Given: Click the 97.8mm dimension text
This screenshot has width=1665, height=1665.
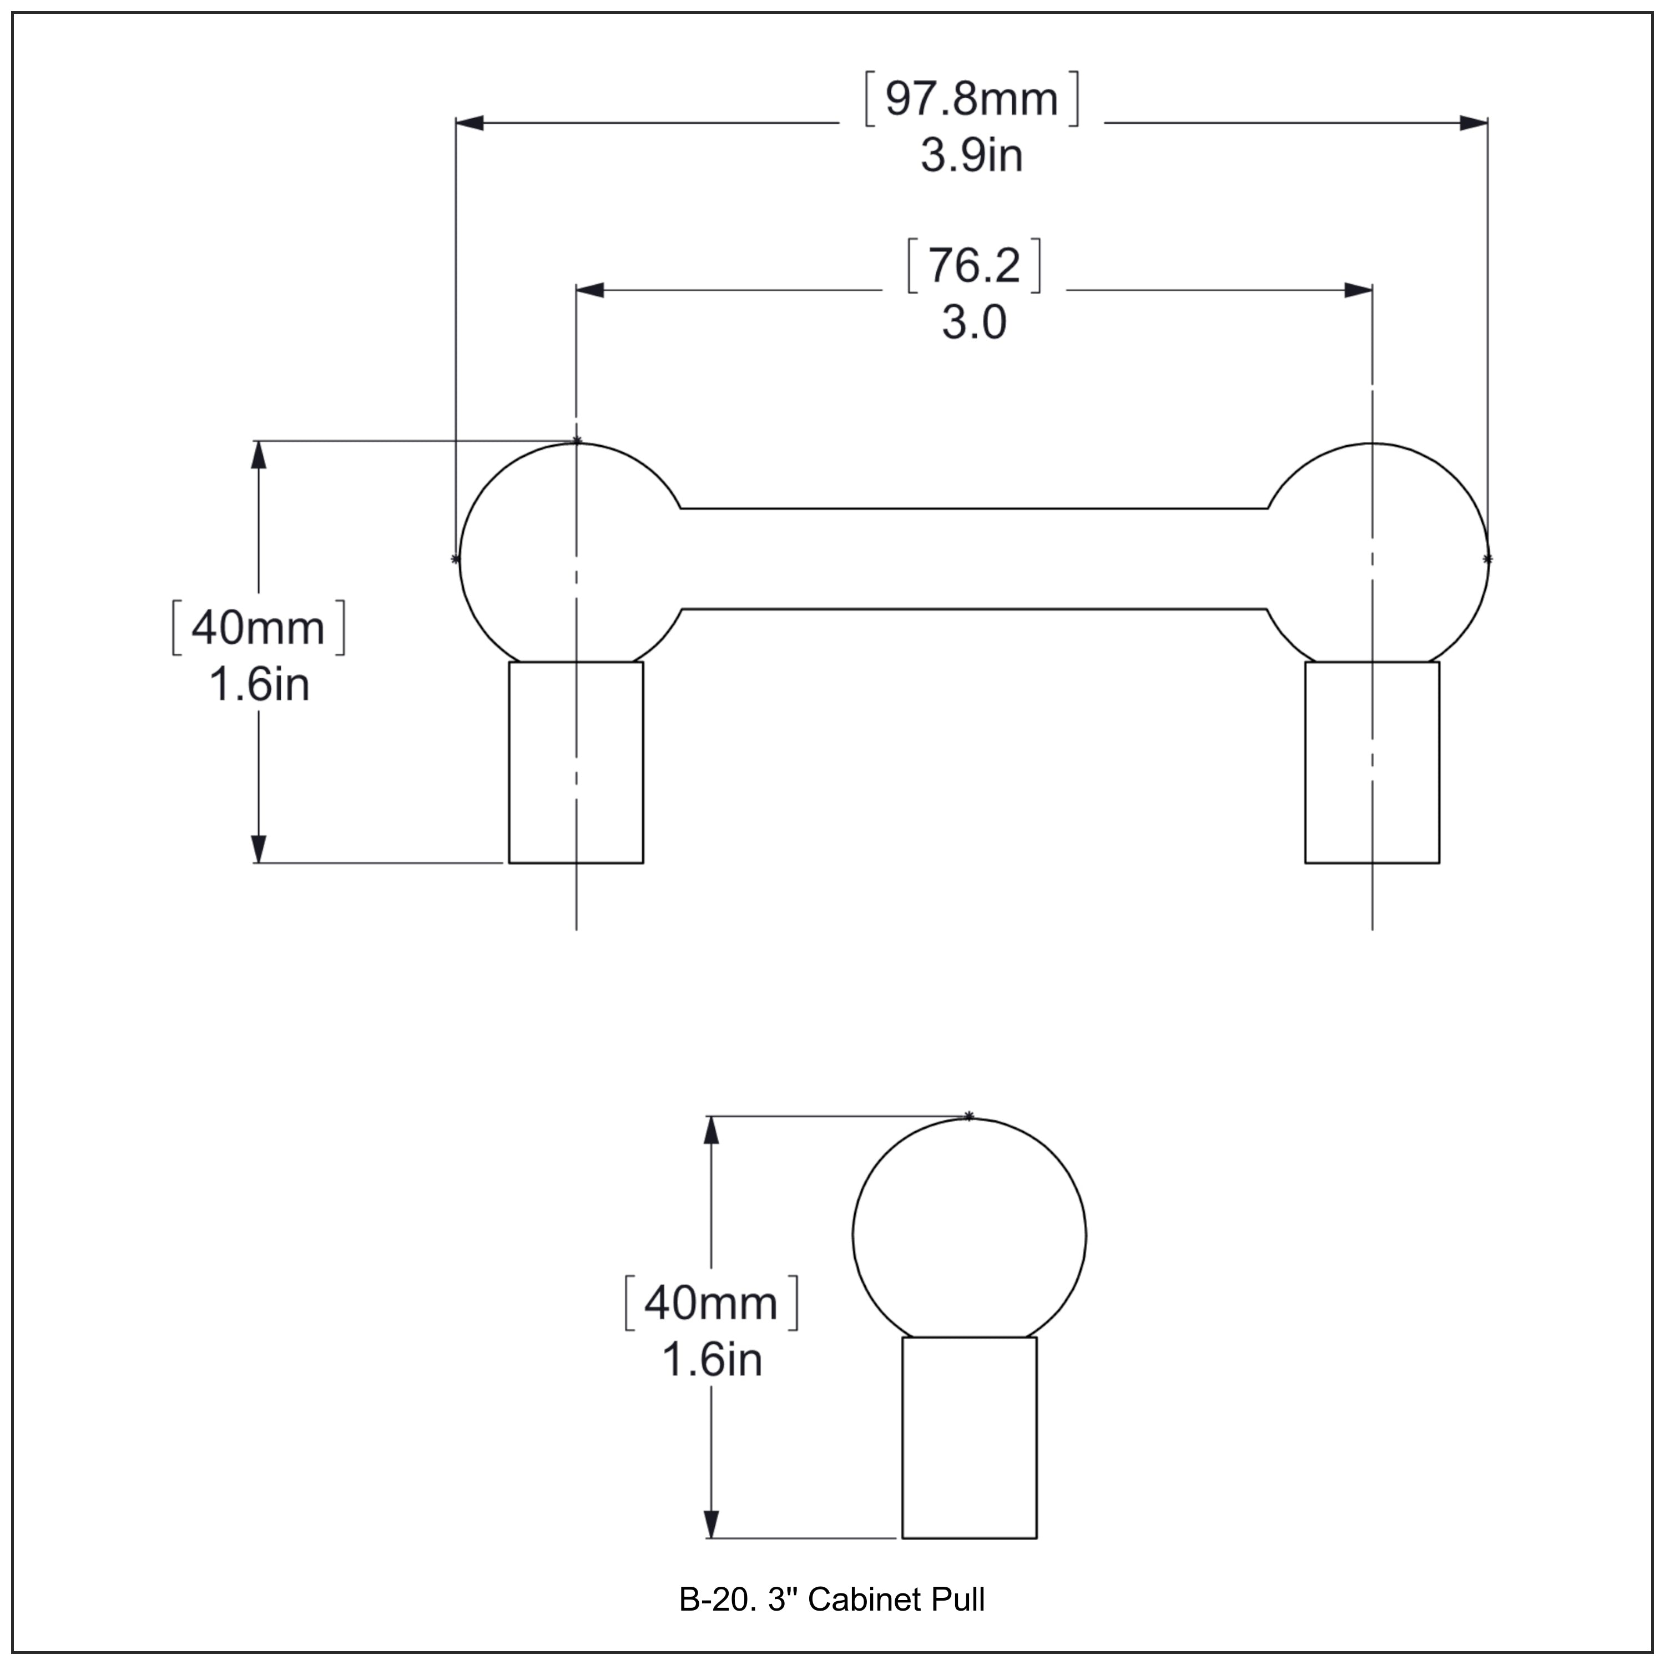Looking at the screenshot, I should [971, 99].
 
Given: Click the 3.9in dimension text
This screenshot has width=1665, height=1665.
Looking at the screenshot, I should [971, 156].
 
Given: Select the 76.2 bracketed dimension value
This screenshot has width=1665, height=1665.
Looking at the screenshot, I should [974, 265].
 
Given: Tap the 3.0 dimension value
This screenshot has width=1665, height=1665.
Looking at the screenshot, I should [974, 323].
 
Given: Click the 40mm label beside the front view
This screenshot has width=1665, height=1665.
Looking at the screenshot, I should [258, 628].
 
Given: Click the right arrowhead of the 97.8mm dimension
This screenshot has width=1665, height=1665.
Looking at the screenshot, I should [1473, 123].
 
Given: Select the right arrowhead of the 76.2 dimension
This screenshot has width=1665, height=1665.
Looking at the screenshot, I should [1358, 290].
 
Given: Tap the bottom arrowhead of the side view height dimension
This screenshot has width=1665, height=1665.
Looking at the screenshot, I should [711, 1523].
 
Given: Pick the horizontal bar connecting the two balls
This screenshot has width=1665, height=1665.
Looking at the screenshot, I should [974, 558].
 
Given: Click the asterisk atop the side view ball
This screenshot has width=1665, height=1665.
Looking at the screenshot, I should [968, 1116].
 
